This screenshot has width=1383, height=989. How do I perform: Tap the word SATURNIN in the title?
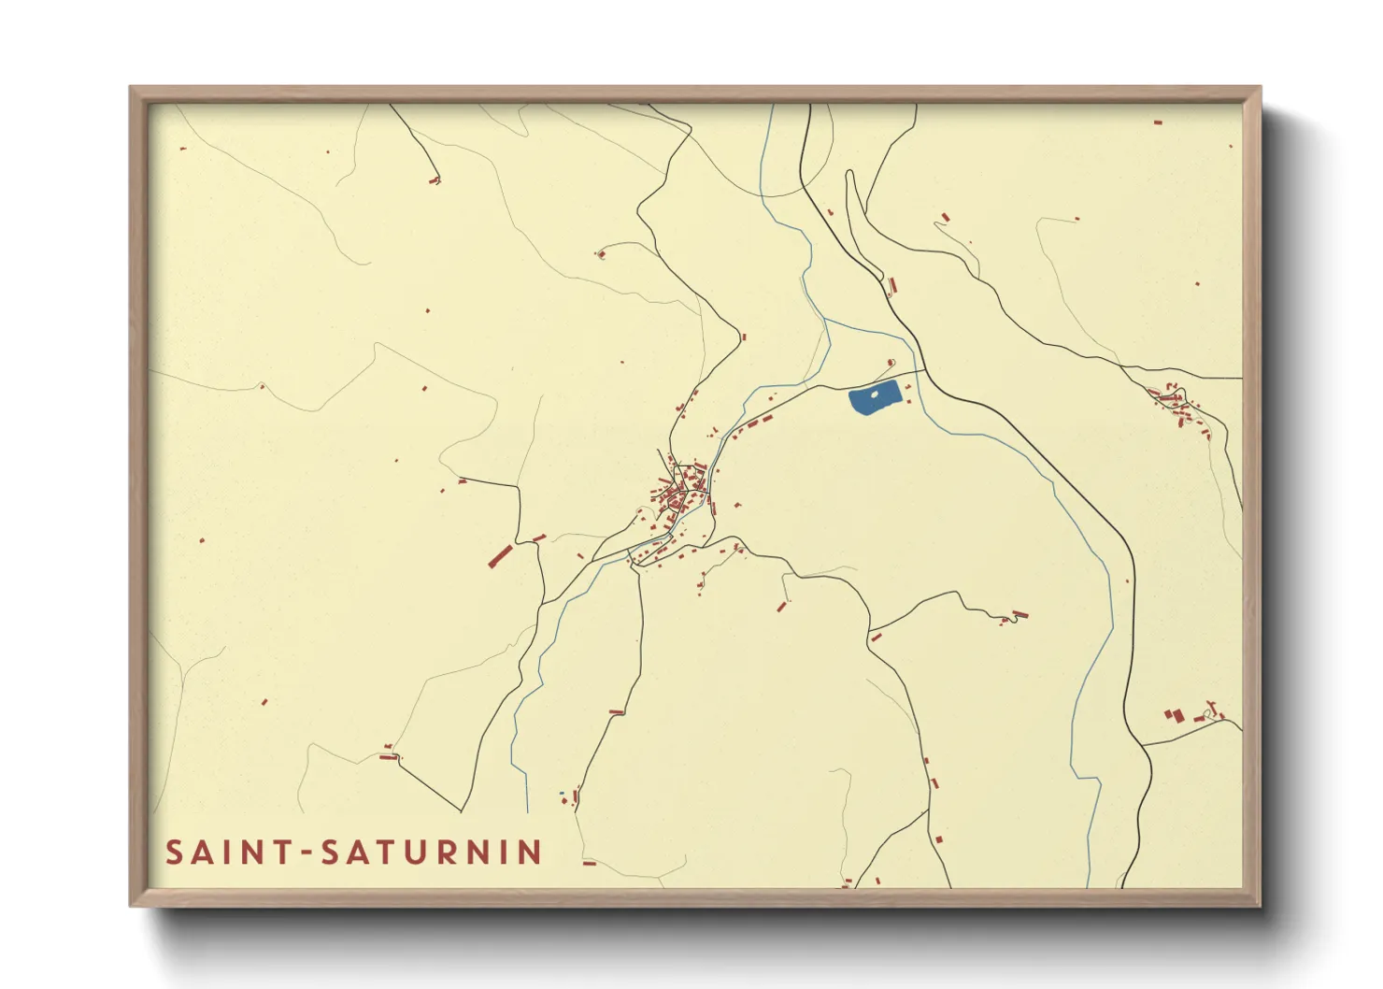click(431, 853)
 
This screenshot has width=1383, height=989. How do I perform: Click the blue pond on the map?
click(875, 399)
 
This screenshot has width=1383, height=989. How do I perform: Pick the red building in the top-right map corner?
click(1158, 122)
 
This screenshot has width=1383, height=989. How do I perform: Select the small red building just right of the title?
click(590, 864)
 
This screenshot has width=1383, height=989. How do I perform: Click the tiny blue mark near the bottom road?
click(562, 795)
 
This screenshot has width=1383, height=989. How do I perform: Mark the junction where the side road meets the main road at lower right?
click(1143, 745)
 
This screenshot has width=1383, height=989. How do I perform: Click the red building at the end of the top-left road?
click(435, 179)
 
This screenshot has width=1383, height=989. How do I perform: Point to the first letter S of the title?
click(174, 853)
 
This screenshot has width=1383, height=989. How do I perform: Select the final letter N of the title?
click(532, 853)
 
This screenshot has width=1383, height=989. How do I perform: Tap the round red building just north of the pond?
click(891, 364)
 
